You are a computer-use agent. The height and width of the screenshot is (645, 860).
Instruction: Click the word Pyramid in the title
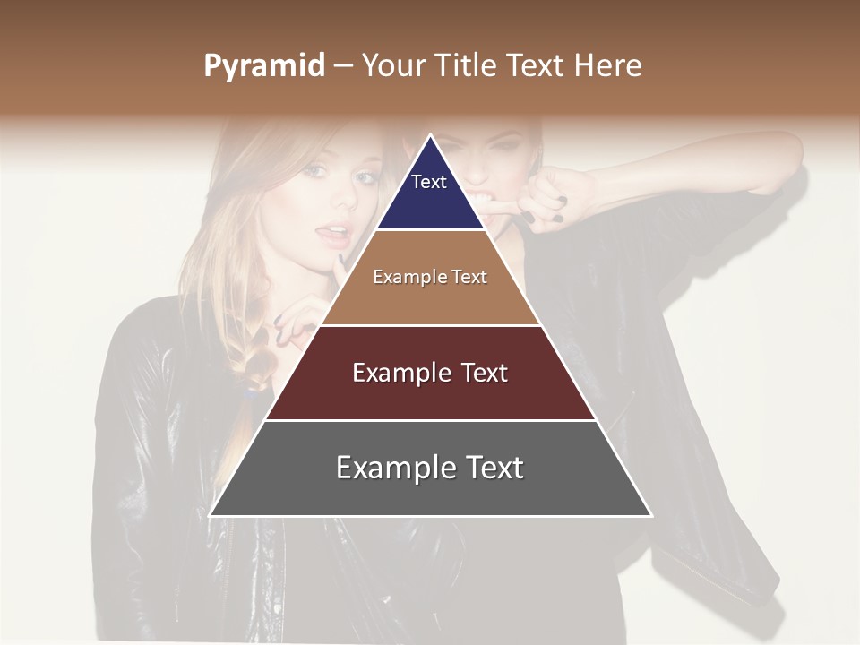pyautogui.click(x=263, y=66)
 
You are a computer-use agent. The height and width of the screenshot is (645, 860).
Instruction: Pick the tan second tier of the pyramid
pyautogui.click(x=430, y=278)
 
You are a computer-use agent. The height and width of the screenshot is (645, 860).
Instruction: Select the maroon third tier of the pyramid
pyautogui.click(x=430, y=373)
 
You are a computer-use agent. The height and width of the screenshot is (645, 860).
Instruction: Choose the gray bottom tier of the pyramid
pyautogui.click(x=430, y=469)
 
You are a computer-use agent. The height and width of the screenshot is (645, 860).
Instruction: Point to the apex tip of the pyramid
pyautogui.click(x=430, y=136)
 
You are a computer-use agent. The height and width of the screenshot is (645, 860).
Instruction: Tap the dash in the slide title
pyautogui.click(x=343, y=66)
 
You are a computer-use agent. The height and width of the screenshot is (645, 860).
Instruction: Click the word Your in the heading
pyautogui.click(x=392, y=65)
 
